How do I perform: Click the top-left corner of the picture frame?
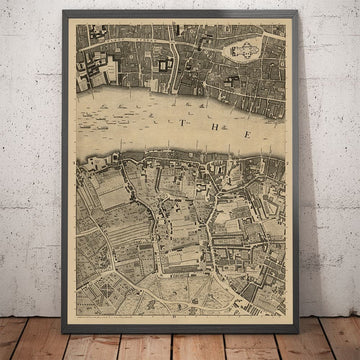coord(64,9)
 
